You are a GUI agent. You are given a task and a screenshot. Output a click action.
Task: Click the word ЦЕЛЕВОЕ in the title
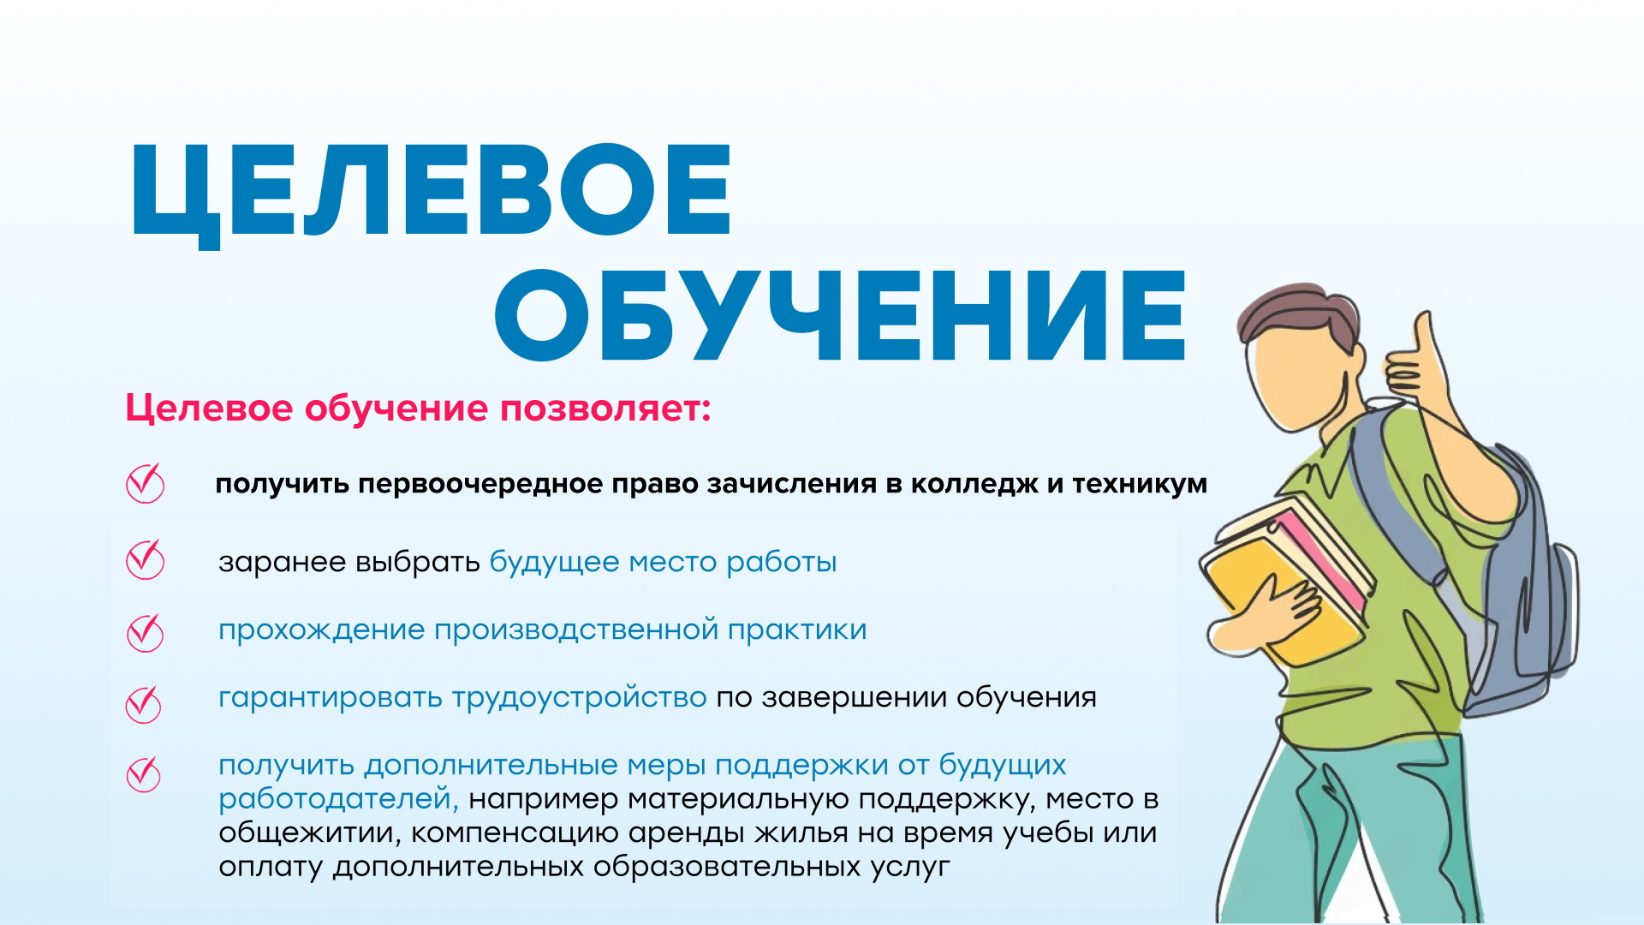(431, 194)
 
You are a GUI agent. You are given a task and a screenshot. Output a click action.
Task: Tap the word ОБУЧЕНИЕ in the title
(841, 315)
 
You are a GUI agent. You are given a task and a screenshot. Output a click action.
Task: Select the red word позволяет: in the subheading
(605, 409)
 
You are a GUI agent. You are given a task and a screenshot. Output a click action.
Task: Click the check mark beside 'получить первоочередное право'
(146, 482)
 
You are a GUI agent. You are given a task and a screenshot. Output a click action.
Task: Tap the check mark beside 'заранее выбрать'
(146, 559)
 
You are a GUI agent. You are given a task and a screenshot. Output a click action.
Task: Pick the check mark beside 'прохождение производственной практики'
(146, 632)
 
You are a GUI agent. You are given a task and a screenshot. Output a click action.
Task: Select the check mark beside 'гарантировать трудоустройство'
(144, 704)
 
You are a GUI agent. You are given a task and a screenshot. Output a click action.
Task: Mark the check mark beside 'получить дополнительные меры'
(144, 773)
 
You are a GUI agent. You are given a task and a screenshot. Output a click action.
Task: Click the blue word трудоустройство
(579, 698)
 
